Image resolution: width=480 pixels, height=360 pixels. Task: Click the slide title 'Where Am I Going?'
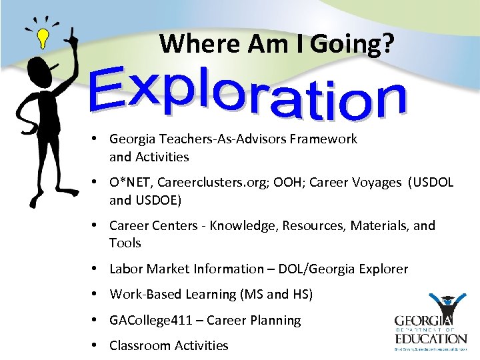pos(277,44)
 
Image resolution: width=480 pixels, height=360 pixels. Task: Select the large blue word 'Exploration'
pos(248,96)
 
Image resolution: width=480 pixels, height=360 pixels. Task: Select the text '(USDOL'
pos(431,183)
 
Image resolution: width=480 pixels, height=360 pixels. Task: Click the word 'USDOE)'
pos(158,200)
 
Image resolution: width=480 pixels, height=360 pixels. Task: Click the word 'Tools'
pos(125,243)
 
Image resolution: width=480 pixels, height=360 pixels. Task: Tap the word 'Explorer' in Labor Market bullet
pos(379,269)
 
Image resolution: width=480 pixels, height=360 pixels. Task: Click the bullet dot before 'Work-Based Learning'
pos(97,294)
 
